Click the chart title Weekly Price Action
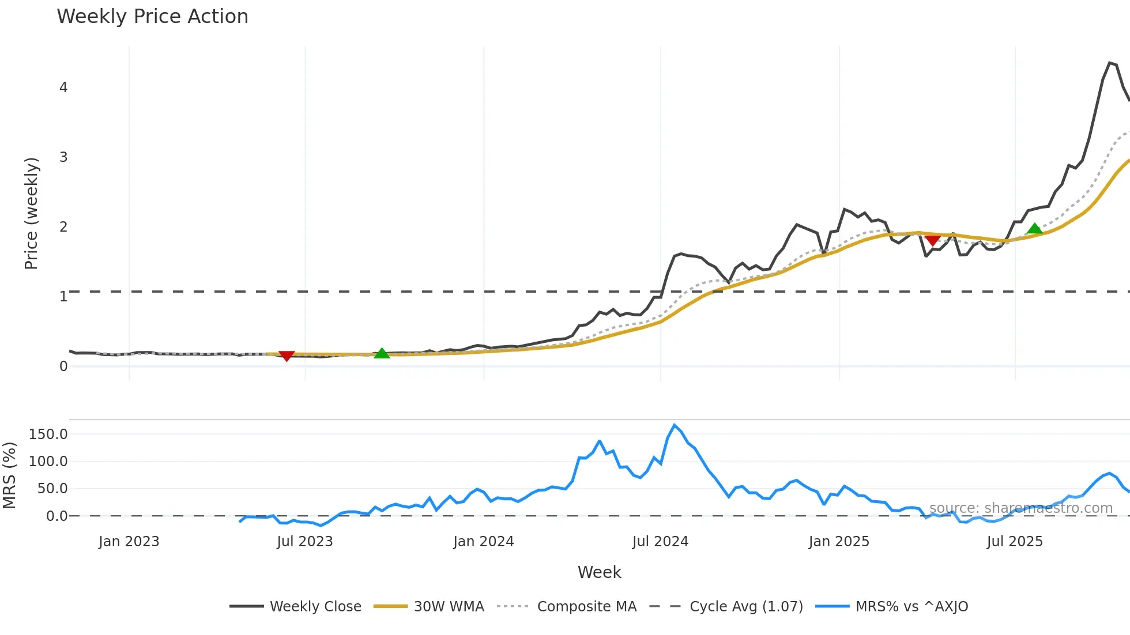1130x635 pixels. click(152, 17)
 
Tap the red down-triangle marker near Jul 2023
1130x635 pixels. click(287, 356)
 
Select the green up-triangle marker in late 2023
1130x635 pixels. click(382, 353)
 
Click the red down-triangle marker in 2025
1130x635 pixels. click(932, 240)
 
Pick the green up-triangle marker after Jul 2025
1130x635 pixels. click(1034, 229)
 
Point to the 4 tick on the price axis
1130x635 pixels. click(63, 88)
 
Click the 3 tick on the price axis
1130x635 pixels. click(63, 157)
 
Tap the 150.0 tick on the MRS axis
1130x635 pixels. click(48, 434)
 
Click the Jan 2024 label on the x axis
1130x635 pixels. click(483, 542)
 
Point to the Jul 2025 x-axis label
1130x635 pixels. click(1015, 542)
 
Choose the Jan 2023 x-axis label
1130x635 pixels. click(129, 542)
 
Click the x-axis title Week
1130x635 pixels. click(599, 572)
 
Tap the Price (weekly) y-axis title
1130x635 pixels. click(31, 213)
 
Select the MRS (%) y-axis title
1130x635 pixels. click(9, 475)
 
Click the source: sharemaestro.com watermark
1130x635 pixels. click(1020, 508)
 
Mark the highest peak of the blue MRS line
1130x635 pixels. click(675, 425)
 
